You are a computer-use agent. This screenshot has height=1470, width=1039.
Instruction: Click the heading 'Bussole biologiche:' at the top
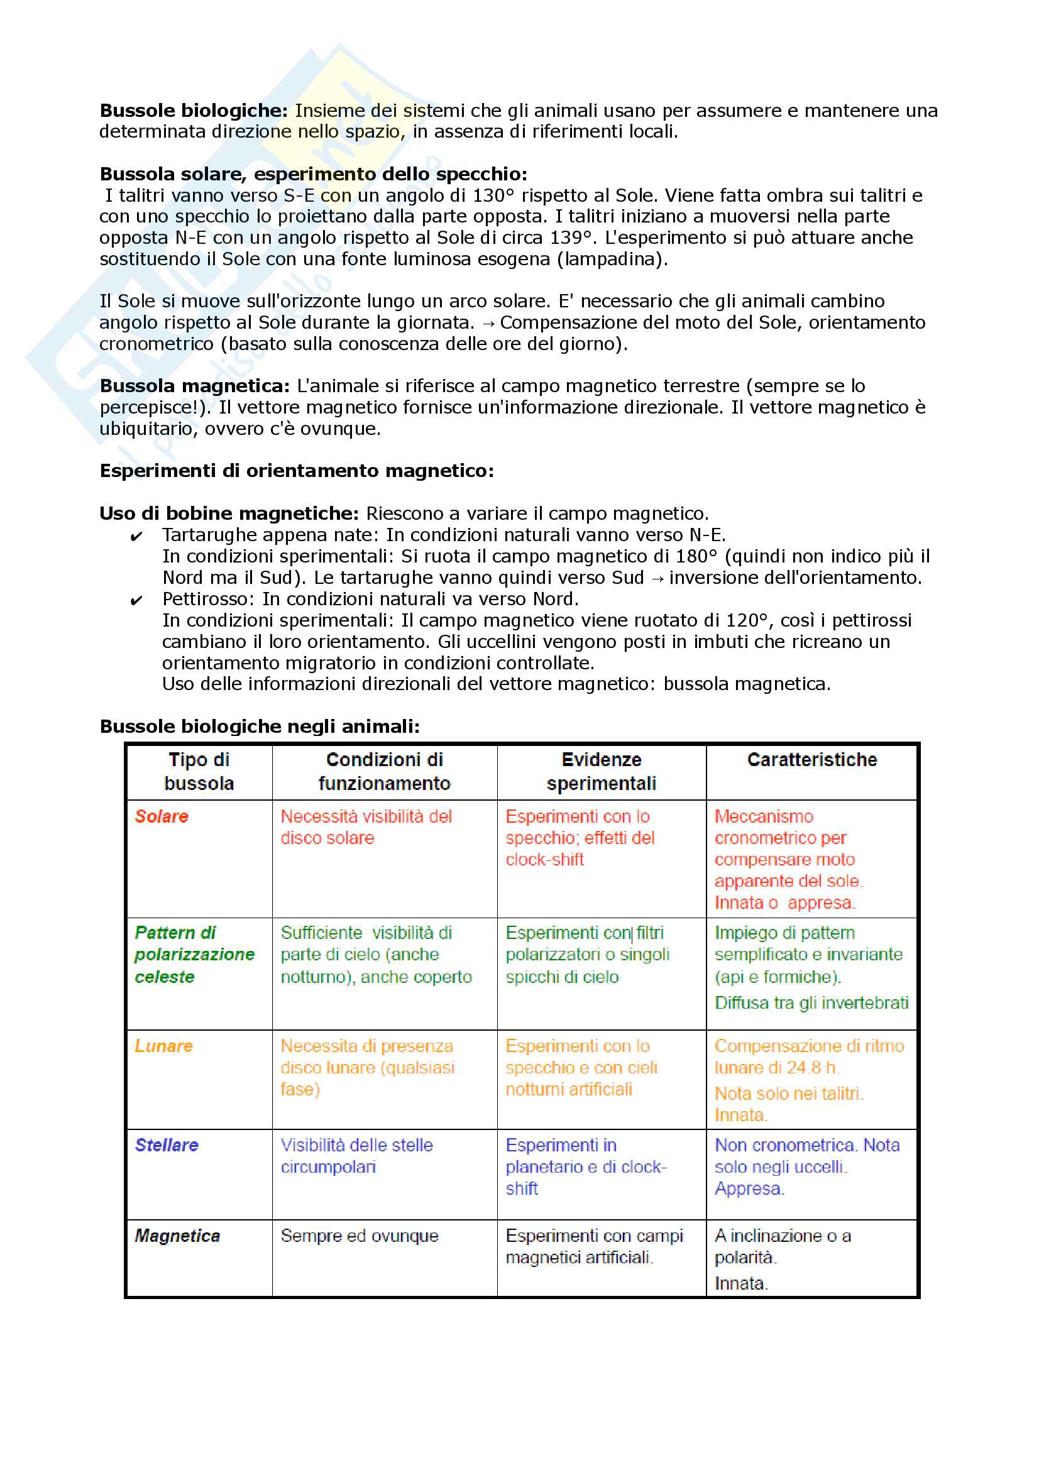[x=194, y=111]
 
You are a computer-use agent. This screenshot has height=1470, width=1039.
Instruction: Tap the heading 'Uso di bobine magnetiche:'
[x=229, y=513]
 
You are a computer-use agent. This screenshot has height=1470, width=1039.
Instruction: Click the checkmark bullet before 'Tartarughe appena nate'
[x=136, y=537]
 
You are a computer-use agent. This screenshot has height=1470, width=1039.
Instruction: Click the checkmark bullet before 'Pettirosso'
[x=136, y=601]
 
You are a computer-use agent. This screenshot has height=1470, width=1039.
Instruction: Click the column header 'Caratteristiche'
[x=811, y=760]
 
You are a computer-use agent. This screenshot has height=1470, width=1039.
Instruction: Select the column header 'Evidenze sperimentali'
[x=601, y=772]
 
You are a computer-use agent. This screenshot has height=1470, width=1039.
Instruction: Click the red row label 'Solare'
[x=162, y=816]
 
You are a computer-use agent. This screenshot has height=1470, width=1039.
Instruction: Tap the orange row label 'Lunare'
[x=163, y=1046]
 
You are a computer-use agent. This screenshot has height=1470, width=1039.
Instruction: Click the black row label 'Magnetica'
[x=177, y=1236]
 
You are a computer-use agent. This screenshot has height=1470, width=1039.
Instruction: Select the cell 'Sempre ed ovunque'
[x=359, y=1236]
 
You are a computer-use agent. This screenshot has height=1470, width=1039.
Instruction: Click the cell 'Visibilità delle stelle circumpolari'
[x=356, y=1156]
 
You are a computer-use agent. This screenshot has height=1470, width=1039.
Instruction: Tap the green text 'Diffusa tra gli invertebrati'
[x=811, y=1002]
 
